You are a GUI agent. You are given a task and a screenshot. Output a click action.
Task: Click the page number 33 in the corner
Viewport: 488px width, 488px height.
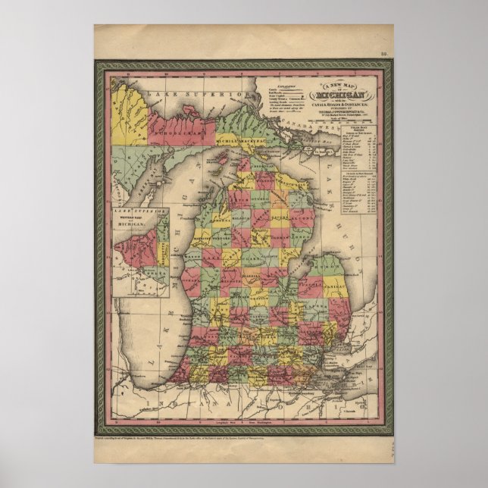(384, 54)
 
